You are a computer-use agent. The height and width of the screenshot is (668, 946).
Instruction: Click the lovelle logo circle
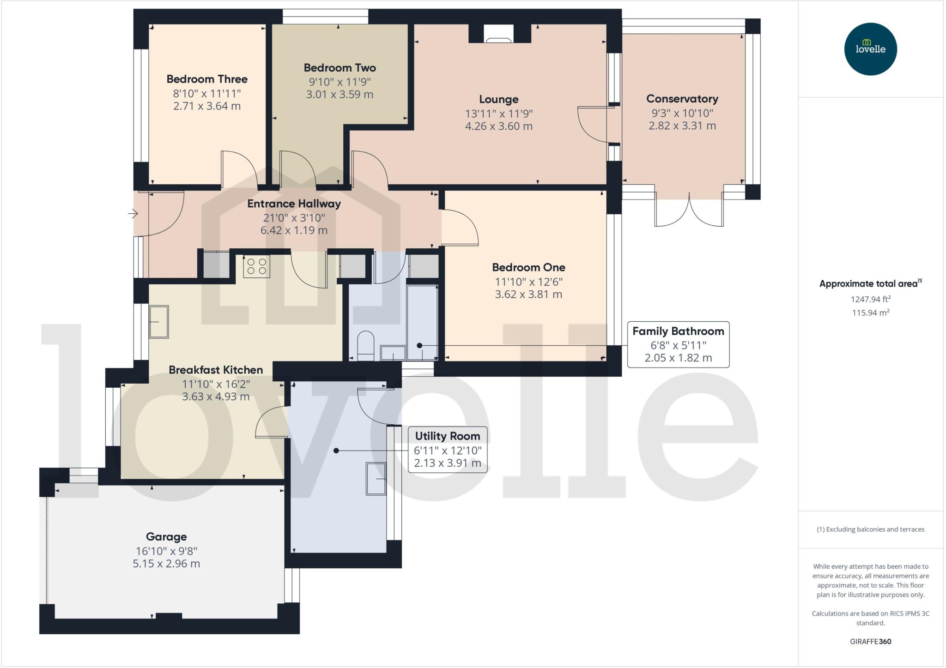point(870,49)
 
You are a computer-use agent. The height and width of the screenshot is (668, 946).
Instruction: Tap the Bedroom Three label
point(207,79)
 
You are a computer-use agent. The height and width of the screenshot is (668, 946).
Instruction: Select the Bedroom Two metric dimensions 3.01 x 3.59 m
point(340,95)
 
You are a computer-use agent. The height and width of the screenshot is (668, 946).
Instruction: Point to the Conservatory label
point(682,99)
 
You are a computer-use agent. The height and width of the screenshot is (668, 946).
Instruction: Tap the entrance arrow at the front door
point(133,214)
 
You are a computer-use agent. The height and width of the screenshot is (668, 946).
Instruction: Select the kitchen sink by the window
point(159,322)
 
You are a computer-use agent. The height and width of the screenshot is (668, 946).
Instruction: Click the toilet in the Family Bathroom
point(366,345)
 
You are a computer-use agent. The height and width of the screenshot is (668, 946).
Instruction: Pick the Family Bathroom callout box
point(678,344)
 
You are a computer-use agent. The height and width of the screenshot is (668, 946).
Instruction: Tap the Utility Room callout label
point(447,436)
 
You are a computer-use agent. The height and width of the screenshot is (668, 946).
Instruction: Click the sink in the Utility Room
point(376,479)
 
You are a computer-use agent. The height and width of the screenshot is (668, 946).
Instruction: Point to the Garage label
point(166,536)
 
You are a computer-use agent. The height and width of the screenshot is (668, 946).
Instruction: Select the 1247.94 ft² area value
point(870,299)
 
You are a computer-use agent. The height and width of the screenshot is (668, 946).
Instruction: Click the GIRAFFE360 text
point(870,641)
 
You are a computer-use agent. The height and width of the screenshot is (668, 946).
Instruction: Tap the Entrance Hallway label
point(294,204)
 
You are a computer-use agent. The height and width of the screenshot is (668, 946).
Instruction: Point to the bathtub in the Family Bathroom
point(422,322)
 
